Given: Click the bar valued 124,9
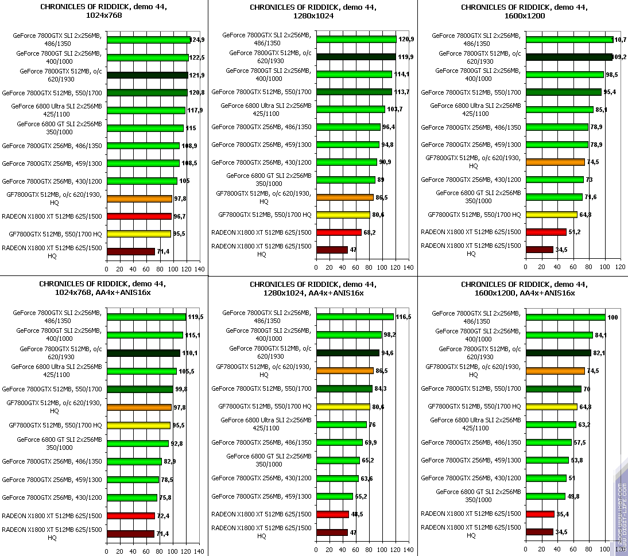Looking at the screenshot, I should [148, 40].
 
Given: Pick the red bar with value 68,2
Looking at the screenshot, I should [339, 232].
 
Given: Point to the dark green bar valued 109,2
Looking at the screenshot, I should [569, 57].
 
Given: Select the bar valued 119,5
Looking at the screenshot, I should [146, 317].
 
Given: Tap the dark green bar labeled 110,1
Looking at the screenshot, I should [144, 353].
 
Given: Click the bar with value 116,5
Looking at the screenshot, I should [355, 317].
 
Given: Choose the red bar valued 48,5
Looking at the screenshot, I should [332, 514].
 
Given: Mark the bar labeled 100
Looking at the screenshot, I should [565, 317].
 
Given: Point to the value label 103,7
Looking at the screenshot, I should [395, 110].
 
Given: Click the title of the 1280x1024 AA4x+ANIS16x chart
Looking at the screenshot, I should [313, 289].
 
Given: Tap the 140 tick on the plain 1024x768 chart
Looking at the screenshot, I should [199, 269].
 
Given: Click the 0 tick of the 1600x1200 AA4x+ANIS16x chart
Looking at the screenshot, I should [526, 551].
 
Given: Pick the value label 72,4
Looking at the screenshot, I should [164, 515].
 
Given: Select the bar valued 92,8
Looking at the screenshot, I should [138, 443].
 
